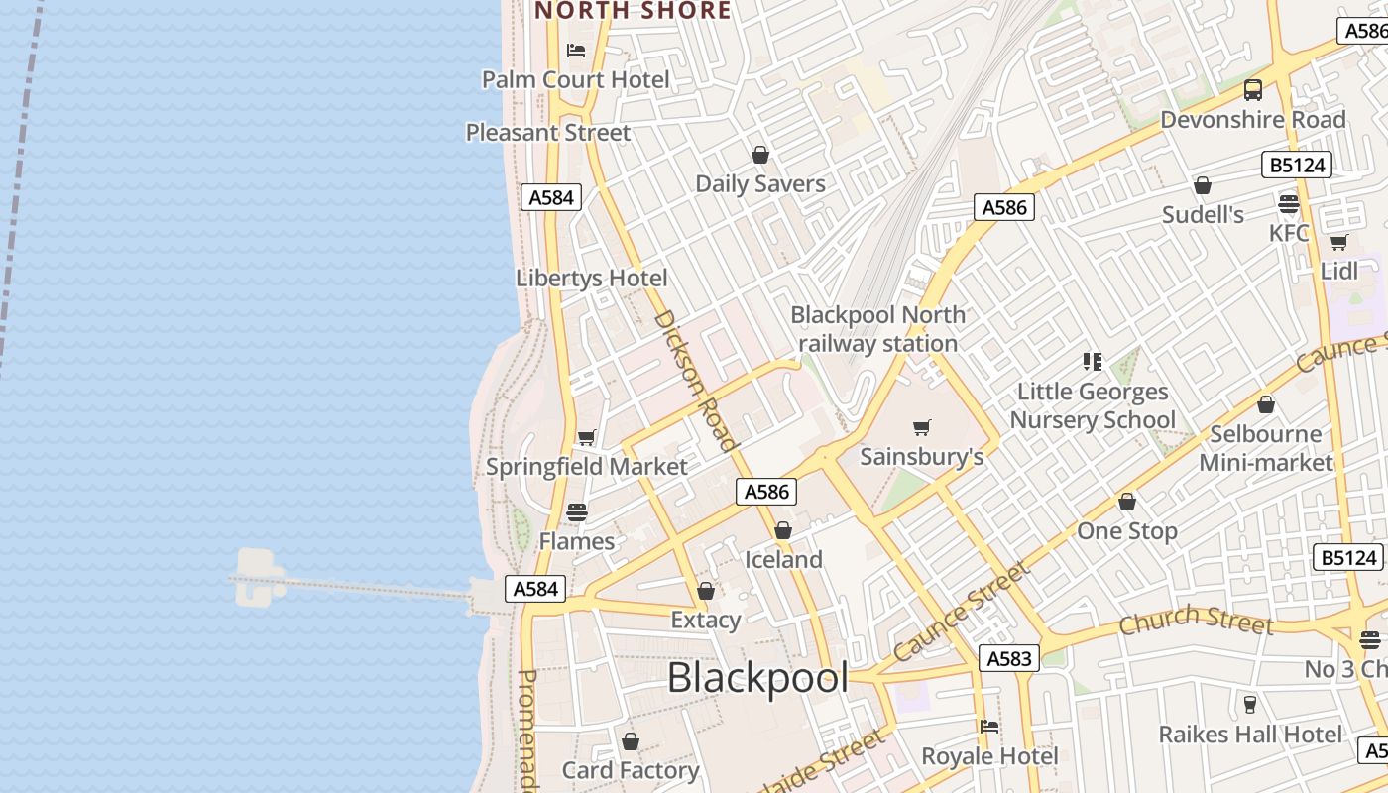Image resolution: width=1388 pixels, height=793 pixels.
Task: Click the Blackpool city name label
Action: pyautogui.click(x=757, y=678)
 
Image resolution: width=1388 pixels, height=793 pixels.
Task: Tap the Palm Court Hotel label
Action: pyautogui.click(x=575, y=79)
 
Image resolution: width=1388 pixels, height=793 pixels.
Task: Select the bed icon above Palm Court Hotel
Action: pyautogui.click(x=576, y=50)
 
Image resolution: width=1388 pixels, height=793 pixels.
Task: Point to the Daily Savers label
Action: pyautogui.click(x=760, y=183)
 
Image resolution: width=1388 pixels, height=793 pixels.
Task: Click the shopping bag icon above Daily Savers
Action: pyautogui.click(x=760, y=155)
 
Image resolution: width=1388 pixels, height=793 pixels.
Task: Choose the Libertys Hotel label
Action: pyautogui.click(x=592, y=278)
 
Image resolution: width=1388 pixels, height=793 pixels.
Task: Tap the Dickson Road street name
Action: pyautogui.click(x=696, y=380)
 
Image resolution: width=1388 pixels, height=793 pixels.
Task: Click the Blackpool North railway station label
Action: pyautogui.click(x=878, y=329)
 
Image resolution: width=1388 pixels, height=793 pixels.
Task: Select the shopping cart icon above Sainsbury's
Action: pyautogui.click(x=922, y=427)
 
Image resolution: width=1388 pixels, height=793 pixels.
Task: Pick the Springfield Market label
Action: pyautogui.click(x=586, y=466)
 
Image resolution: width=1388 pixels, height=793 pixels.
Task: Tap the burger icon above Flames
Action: pyautogui.click(x=577, y=512)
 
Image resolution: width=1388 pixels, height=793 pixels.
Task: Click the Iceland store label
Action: pyautogui.click(x=783, y=559)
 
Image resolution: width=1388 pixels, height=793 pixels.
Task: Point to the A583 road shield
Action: pyautogui.click(x=1009, y=658)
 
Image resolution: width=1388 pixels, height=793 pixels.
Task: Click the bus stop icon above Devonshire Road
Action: pyautogui.click(x=1253, y=90)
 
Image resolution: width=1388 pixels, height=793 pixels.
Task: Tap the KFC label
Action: pyautogui.click(x=1289, y=233)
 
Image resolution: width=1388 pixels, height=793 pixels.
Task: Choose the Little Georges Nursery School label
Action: pyautogui.click(x=1093, y=405)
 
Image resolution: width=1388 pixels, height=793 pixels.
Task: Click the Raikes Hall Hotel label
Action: pyautogui.click(x=1250, y=735)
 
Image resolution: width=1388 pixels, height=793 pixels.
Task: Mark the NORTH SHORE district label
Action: pyautogui.click(x=633, y=11)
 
